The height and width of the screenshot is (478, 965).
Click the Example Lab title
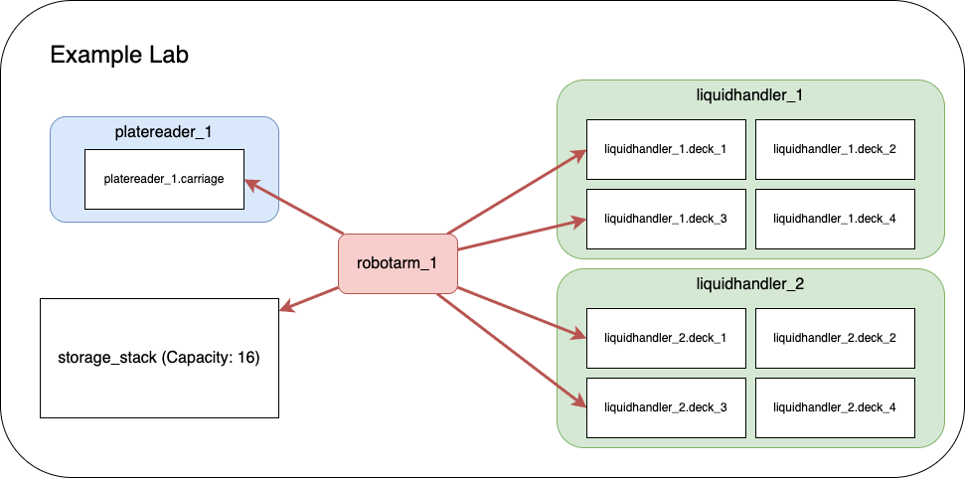click(x=119, y=56)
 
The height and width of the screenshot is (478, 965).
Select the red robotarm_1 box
click(x=398, y=264)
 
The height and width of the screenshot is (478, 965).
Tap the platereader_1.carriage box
click(x=164, y=180)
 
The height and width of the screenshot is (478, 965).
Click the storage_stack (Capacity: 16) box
click(x=159, y=358)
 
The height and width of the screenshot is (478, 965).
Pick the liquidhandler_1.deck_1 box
click(x=666, y=150)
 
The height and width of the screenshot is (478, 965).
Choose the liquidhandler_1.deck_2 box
click(x=835, y=150)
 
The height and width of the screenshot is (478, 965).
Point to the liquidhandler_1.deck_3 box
click(x=666, y=218)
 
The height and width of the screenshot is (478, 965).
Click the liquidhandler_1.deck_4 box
click(x=835, y=218)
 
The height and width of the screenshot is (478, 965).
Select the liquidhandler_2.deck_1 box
click(x=666, y=338)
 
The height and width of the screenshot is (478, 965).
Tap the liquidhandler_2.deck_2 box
click(x=835, y=338)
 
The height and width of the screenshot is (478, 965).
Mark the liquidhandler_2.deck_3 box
click(x=666, y=406)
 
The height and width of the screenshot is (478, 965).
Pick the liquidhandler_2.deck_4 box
click(x=835, y=406)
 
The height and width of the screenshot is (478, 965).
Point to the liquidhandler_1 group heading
click(x=749, y=96)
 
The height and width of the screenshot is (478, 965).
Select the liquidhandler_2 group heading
click(x=749, y=284)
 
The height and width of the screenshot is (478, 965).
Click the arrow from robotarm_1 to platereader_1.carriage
click(x=294, y=207)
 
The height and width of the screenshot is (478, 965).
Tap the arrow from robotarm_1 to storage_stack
click(x=309, y=299)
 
